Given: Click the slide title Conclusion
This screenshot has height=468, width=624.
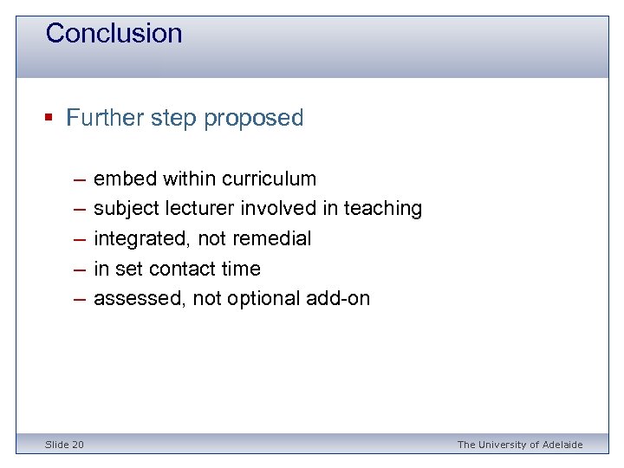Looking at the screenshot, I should (x=114, y=34).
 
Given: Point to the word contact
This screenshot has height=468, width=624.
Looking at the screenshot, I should (x=185, y=270).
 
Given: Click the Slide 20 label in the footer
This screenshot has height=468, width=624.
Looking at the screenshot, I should (x=65, y=445).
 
